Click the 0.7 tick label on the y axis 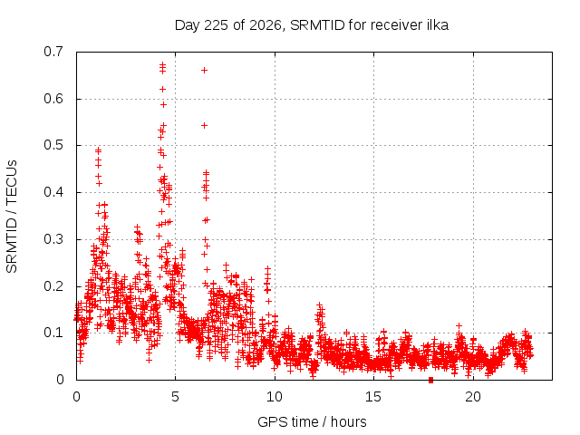[53, 52]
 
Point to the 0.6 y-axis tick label [53, 99]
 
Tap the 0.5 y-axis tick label [53, 145]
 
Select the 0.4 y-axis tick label [53, 192]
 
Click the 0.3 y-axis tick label [53, 239]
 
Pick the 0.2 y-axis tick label [53, 286]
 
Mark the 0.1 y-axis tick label [53, 333]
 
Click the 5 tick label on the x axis [175, 397]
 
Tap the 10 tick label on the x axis [275, 397]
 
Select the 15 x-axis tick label [373, 397]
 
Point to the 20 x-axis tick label [473, 397]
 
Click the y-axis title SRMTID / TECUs [12, 217]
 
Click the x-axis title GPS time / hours [312, 421]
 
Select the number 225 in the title [216, 25]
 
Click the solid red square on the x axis [430, 381]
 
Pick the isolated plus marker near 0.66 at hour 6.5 [204, 71]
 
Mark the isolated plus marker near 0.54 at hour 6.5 [204, 126]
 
